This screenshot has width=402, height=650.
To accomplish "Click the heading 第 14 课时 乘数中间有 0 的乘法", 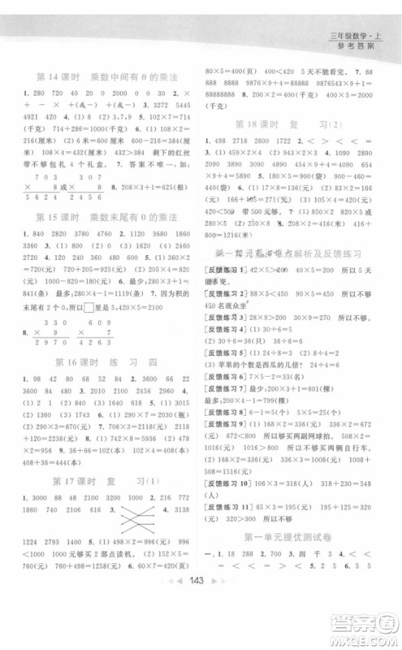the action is (106, 78).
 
